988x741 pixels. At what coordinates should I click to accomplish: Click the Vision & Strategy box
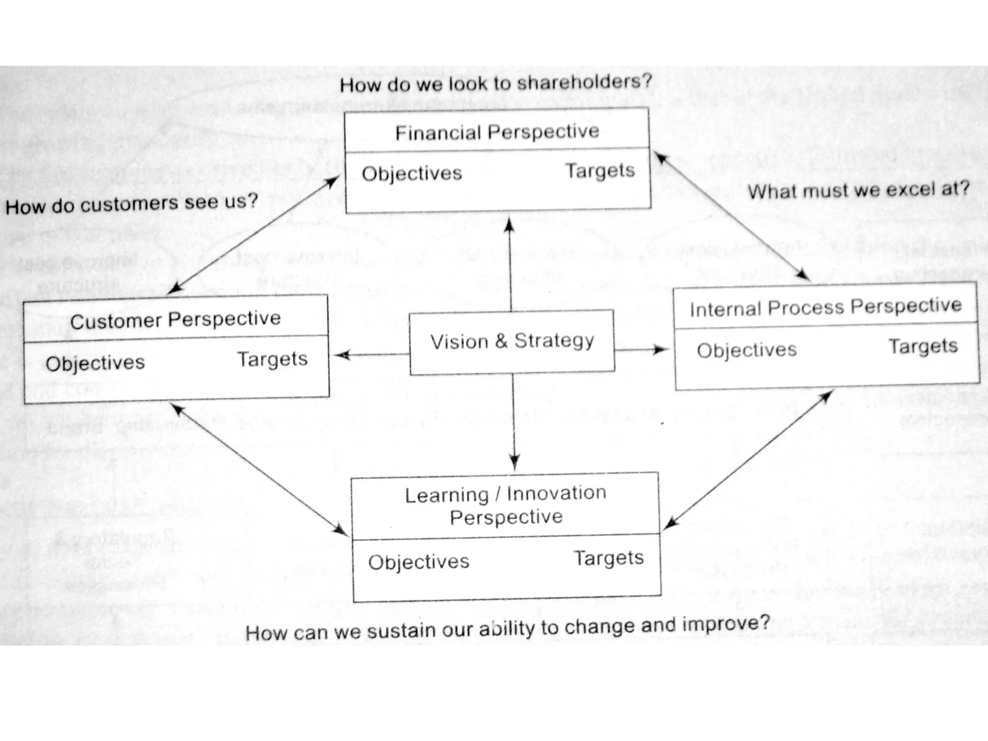point(512,342)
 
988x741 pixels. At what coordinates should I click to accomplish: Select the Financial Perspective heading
point(497,132)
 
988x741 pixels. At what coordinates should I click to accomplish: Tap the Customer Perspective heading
point(175,319)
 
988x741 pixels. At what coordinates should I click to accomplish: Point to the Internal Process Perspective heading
point(825,307)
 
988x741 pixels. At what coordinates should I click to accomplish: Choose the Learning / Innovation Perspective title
point(506,505)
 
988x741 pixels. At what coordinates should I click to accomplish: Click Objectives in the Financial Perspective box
point(412,174)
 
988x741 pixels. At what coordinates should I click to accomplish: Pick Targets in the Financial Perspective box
point(600,171)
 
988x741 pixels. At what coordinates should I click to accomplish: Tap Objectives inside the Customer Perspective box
point(96,363)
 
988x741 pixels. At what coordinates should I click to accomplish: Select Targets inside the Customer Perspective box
point(272,359)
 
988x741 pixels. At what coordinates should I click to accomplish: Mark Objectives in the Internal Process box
point(746,350)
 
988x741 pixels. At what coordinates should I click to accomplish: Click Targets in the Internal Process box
point(923,346)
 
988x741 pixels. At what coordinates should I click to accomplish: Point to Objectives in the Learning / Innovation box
point(419,562)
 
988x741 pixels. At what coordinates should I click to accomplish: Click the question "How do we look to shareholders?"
point(496,83)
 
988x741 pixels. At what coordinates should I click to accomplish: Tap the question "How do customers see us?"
point(132,204)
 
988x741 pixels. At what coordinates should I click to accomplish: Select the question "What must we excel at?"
point(858,190)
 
